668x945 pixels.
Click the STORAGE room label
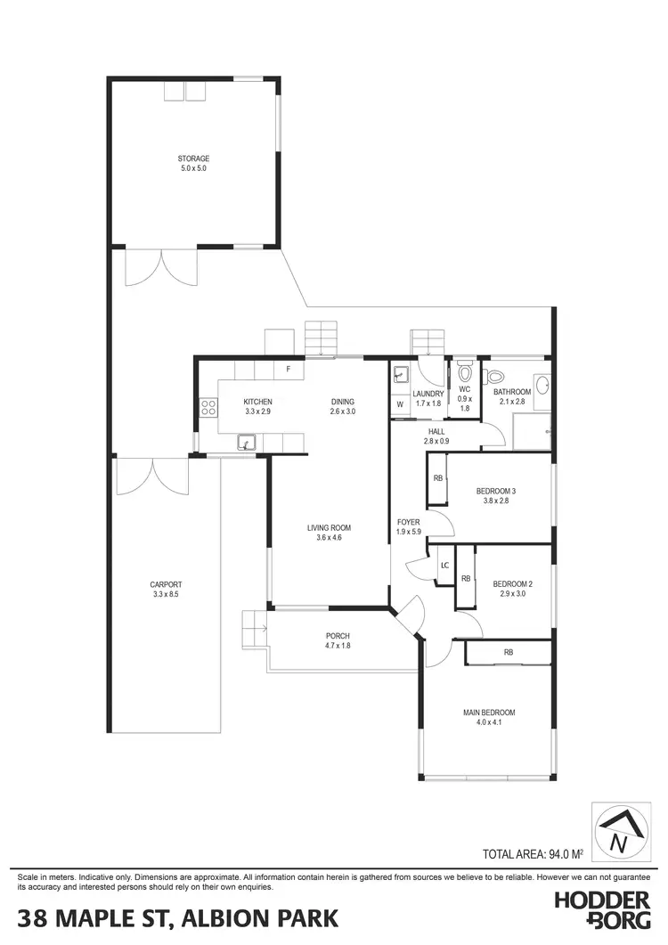(193, 159)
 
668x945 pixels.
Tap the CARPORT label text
(166, 584)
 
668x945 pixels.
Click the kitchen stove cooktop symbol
(208, 407)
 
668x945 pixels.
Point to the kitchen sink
(244, 443)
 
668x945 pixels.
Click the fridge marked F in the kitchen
(288, 369)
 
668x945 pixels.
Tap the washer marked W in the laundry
(400, 404)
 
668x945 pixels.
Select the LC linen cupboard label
(444, 566)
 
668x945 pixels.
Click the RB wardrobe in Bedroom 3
(437, 479)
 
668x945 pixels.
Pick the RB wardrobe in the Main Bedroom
(508, 653)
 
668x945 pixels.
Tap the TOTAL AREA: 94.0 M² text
(533, 853)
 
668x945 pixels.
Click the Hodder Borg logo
(602, 910)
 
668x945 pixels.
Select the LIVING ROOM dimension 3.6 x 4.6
(330, 538)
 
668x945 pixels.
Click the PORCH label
(338, 635)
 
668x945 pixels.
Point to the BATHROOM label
(512, 392)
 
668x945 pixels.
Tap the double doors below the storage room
(160, 267)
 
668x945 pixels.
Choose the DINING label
(343, 402)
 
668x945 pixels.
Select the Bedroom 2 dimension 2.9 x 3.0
(511, 594)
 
